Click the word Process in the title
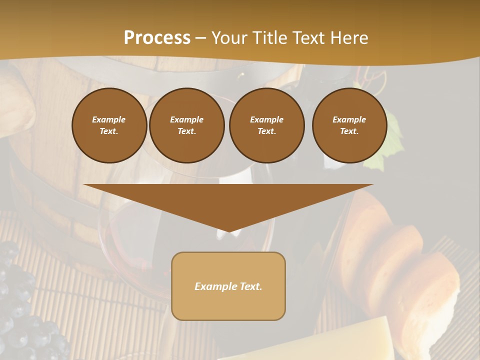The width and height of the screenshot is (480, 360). click(x=157, y=38)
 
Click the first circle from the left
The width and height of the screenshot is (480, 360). click(x=109, y=125)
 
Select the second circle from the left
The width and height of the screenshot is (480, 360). click(x=187, y=125)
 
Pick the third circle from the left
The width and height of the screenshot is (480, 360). click(x=266, y=125)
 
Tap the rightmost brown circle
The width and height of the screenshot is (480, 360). click(x=349, y=125)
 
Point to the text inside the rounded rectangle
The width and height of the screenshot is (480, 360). click(x=228, y=286)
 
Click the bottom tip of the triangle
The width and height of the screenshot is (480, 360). click(x=228, y=231)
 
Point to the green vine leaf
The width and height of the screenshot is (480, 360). click(x=387, y=145)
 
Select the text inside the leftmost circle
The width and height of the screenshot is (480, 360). click(x=109, y=125)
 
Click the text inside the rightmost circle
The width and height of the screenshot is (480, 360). click(x=349, y=125)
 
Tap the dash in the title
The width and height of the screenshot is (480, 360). click(x=200, y=38)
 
